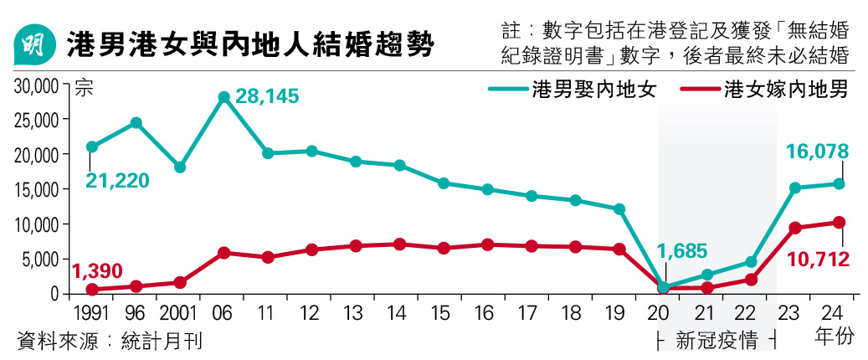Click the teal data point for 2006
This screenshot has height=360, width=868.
[223, 97]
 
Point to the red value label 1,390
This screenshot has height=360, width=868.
[97, 270]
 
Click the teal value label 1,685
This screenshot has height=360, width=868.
[682, 250]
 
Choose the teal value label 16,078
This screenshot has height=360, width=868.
[817, 152]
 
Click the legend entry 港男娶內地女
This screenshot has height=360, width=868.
[578, 90]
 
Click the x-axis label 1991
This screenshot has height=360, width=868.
[91, 312]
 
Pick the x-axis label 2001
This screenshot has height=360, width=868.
[179, 312]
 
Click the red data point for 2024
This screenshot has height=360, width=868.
[839, 223]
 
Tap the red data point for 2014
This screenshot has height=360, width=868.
[399, 244]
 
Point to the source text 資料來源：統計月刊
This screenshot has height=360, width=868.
[109, 341]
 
